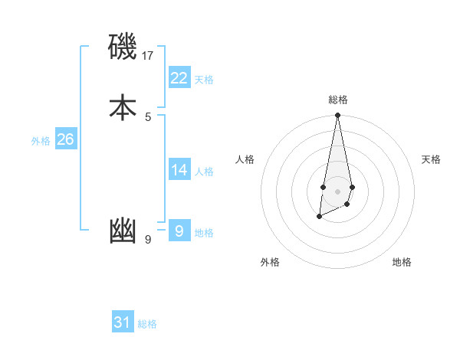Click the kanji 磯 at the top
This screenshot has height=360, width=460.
[123, 47]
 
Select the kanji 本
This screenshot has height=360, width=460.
[123, 107]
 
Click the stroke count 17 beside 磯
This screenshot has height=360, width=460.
[148, 55]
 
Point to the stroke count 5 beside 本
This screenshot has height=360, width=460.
[148, 116]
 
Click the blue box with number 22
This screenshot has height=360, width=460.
[179, 77]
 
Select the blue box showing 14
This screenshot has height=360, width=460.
[179, 169]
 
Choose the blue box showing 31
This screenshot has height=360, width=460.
[123, 322]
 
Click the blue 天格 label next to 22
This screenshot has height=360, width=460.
[204, 80]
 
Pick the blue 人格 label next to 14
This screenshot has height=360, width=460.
[204, 172]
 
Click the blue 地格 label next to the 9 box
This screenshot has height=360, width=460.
[204, 233]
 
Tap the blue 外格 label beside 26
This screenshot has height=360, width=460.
[41, 141]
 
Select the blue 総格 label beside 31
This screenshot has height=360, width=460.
[147, 325]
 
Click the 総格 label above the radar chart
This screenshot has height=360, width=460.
[337, 100]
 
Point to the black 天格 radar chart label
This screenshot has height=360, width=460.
[431, 159]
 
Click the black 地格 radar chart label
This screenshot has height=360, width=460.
[402, 262]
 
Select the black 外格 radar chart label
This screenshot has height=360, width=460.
[270, 262]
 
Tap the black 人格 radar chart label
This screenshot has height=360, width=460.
[245, 159]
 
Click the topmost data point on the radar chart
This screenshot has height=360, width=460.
[337, 116]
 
